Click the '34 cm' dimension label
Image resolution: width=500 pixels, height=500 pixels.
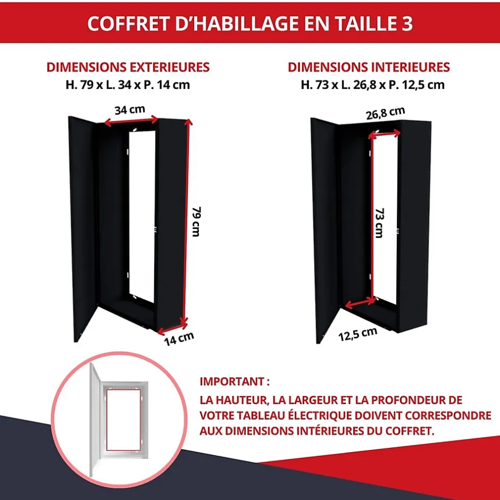point(130,110)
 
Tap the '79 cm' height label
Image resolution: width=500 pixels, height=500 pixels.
point(196,222)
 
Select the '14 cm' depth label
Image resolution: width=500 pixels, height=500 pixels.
point(179,339)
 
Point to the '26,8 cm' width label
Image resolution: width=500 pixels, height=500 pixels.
point(385,113)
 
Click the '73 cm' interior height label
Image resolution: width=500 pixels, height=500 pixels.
point(379,223)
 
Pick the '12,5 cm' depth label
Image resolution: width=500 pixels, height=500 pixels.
point(357,334)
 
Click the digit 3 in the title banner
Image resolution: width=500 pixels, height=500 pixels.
point(406,23)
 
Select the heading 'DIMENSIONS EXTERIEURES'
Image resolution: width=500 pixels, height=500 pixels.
point(128,67)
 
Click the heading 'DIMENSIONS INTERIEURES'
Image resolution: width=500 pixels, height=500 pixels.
point(369,67)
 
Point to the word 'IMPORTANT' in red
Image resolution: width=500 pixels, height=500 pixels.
point(232,381)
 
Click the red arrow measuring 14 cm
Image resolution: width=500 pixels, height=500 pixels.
point(172,328)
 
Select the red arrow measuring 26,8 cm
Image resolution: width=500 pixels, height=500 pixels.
point(384,134)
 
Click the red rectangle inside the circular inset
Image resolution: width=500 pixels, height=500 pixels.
point(106,420)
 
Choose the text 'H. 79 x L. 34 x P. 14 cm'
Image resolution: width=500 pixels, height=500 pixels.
point(128,85)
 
